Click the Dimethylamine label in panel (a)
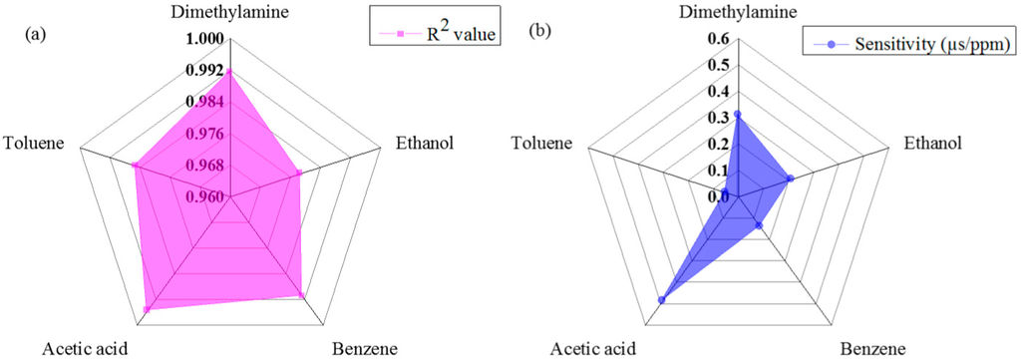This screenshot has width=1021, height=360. (230, 14)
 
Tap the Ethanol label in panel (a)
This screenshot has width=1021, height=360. (425, 142)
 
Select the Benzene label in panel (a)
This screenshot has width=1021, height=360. (364, 348)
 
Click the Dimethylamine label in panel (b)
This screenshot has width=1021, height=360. (739, 14)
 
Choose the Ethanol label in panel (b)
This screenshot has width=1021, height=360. (933, 142)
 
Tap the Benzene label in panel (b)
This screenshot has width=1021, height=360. (872, 348)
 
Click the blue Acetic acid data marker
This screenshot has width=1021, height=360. (661, 300)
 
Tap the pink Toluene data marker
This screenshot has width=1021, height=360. (136, 166)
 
